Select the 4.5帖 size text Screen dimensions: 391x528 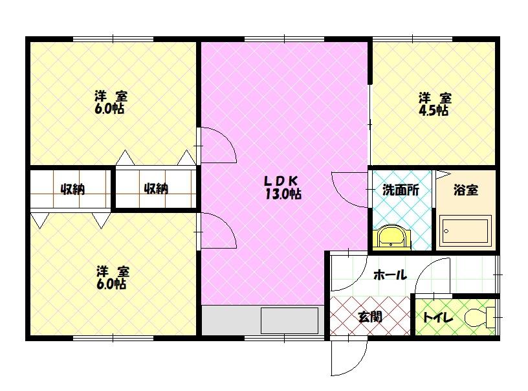point(434,111)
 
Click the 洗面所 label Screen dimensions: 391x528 point(401,190)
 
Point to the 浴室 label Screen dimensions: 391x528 point(466,190)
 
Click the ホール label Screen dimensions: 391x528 point(390,275)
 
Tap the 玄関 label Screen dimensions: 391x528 point(369,317)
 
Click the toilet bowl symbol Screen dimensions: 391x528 point(481,318)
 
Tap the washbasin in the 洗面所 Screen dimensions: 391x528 point(391,237)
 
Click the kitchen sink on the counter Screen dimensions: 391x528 point(289,320)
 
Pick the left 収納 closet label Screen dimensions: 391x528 point(72,189)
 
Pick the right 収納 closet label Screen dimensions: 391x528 point(156,189)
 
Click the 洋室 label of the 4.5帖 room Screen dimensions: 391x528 point(434,98)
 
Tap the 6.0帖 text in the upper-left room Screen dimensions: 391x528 point(111,109)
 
